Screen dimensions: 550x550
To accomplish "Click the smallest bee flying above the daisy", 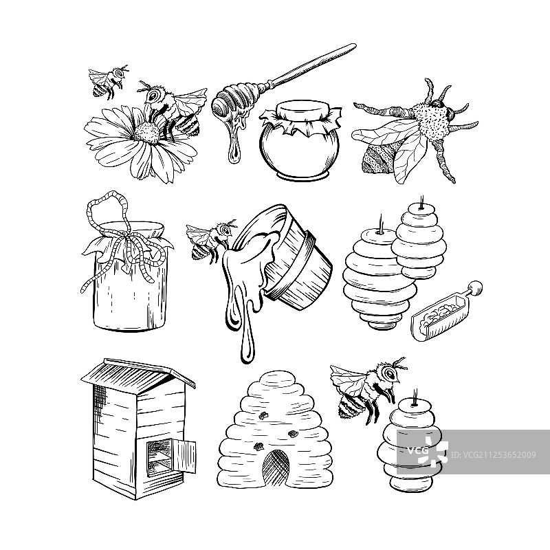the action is (x=108, y=82).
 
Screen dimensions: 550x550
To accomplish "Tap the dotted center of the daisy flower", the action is (x=147, y=132).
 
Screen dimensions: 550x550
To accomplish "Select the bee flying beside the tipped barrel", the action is (x=210, y=239).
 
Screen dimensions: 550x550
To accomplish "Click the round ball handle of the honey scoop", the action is (x=475, y=288).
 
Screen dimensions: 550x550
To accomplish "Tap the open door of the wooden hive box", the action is (x=184, y=456).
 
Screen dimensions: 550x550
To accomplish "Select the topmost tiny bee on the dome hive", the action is (x=263, y=416).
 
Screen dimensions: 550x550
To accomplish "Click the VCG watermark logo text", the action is (x=417, y=450).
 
